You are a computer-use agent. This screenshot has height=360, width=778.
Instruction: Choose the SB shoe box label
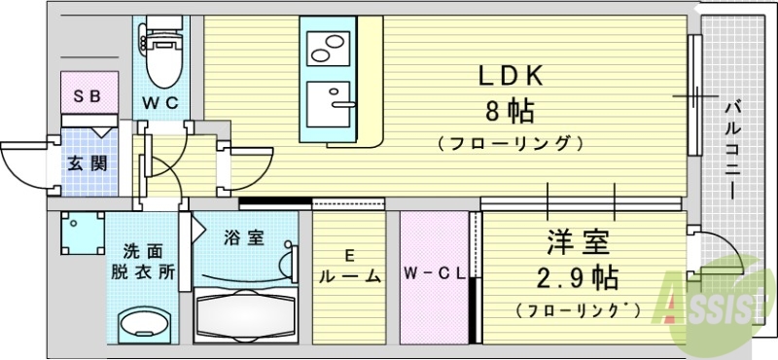point(89,96)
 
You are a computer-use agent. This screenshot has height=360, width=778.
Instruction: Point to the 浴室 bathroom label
point(244,237)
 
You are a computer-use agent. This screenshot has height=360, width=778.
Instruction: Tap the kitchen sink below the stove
point(331,100)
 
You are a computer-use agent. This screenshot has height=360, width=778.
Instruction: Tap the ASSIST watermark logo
point(715,306)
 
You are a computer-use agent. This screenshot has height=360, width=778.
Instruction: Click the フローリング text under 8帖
point(511,144)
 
